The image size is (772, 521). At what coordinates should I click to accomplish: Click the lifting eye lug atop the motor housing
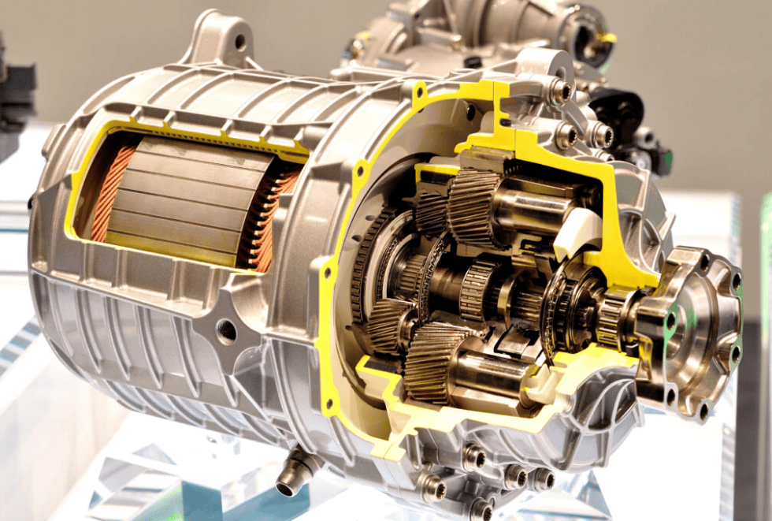tap(225, 35)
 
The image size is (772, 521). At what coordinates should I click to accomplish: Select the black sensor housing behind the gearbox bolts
tap(622, 110)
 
